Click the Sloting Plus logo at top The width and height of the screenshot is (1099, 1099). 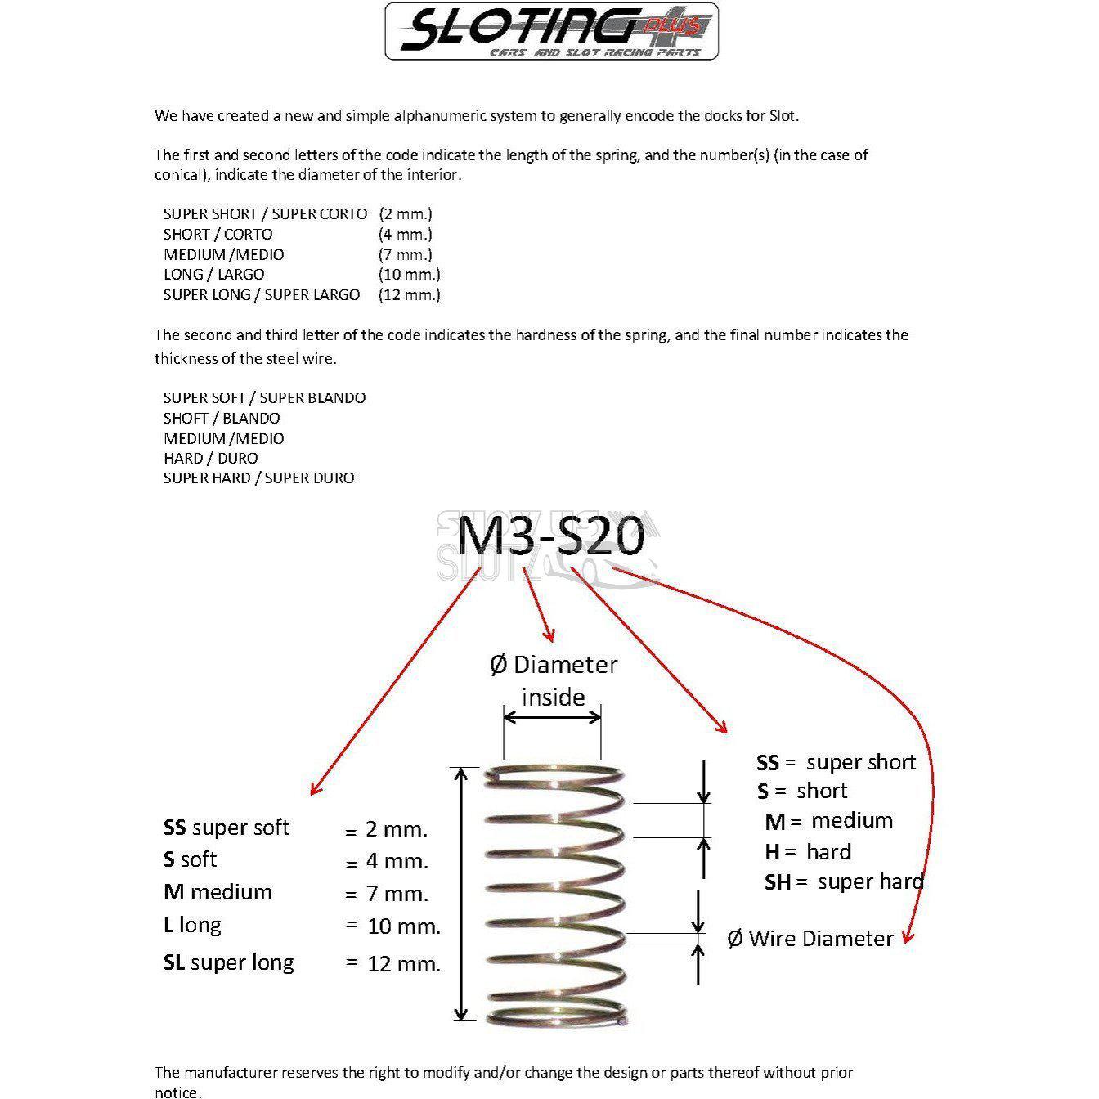point(551,31)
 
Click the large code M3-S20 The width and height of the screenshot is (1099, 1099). point(550,537)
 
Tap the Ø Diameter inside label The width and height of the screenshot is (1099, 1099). point(554,680)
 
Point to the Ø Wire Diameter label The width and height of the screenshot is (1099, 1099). point(810,939)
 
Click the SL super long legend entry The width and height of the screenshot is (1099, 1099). point(228,962)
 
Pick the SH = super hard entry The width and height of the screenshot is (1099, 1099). point(844,882)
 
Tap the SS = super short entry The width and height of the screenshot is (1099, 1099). point(836,763)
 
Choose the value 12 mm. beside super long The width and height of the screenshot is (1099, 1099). point(404,963)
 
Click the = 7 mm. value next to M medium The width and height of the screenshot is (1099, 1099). point(386,894)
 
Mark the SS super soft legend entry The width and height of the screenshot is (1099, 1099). point(227,828)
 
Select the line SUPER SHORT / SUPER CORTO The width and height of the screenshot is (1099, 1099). point(265,214)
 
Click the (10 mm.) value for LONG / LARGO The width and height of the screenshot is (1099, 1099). point(409,275)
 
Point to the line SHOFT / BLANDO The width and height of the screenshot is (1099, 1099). point(222,418)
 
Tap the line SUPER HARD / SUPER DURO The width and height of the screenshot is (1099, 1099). point(258,478)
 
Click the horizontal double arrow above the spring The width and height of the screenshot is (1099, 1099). point(553,717)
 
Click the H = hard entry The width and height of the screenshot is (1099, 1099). point(808,852)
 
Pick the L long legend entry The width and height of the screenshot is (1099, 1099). point(192,925)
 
